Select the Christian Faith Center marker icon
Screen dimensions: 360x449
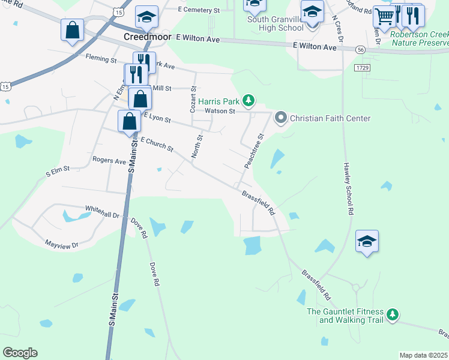pos(280,118)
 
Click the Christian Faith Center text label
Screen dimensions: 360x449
pos(330,118)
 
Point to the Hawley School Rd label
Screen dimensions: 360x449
pos(347,188)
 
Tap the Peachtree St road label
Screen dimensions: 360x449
pos(254,151)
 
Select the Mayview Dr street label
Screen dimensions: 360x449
pos(62,244)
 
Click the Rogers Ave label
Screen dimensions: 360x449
pos(109,161)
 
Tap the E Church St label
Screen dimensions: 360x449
pos(157,143)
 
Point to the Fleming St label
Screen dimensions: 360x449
pos(101,59)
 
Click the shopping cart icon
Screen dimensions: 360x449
pos(384,17)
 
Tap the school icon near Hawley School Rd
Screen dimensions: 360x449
pos(367,241)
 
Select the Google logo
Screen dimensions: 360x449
pos(20,353)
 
